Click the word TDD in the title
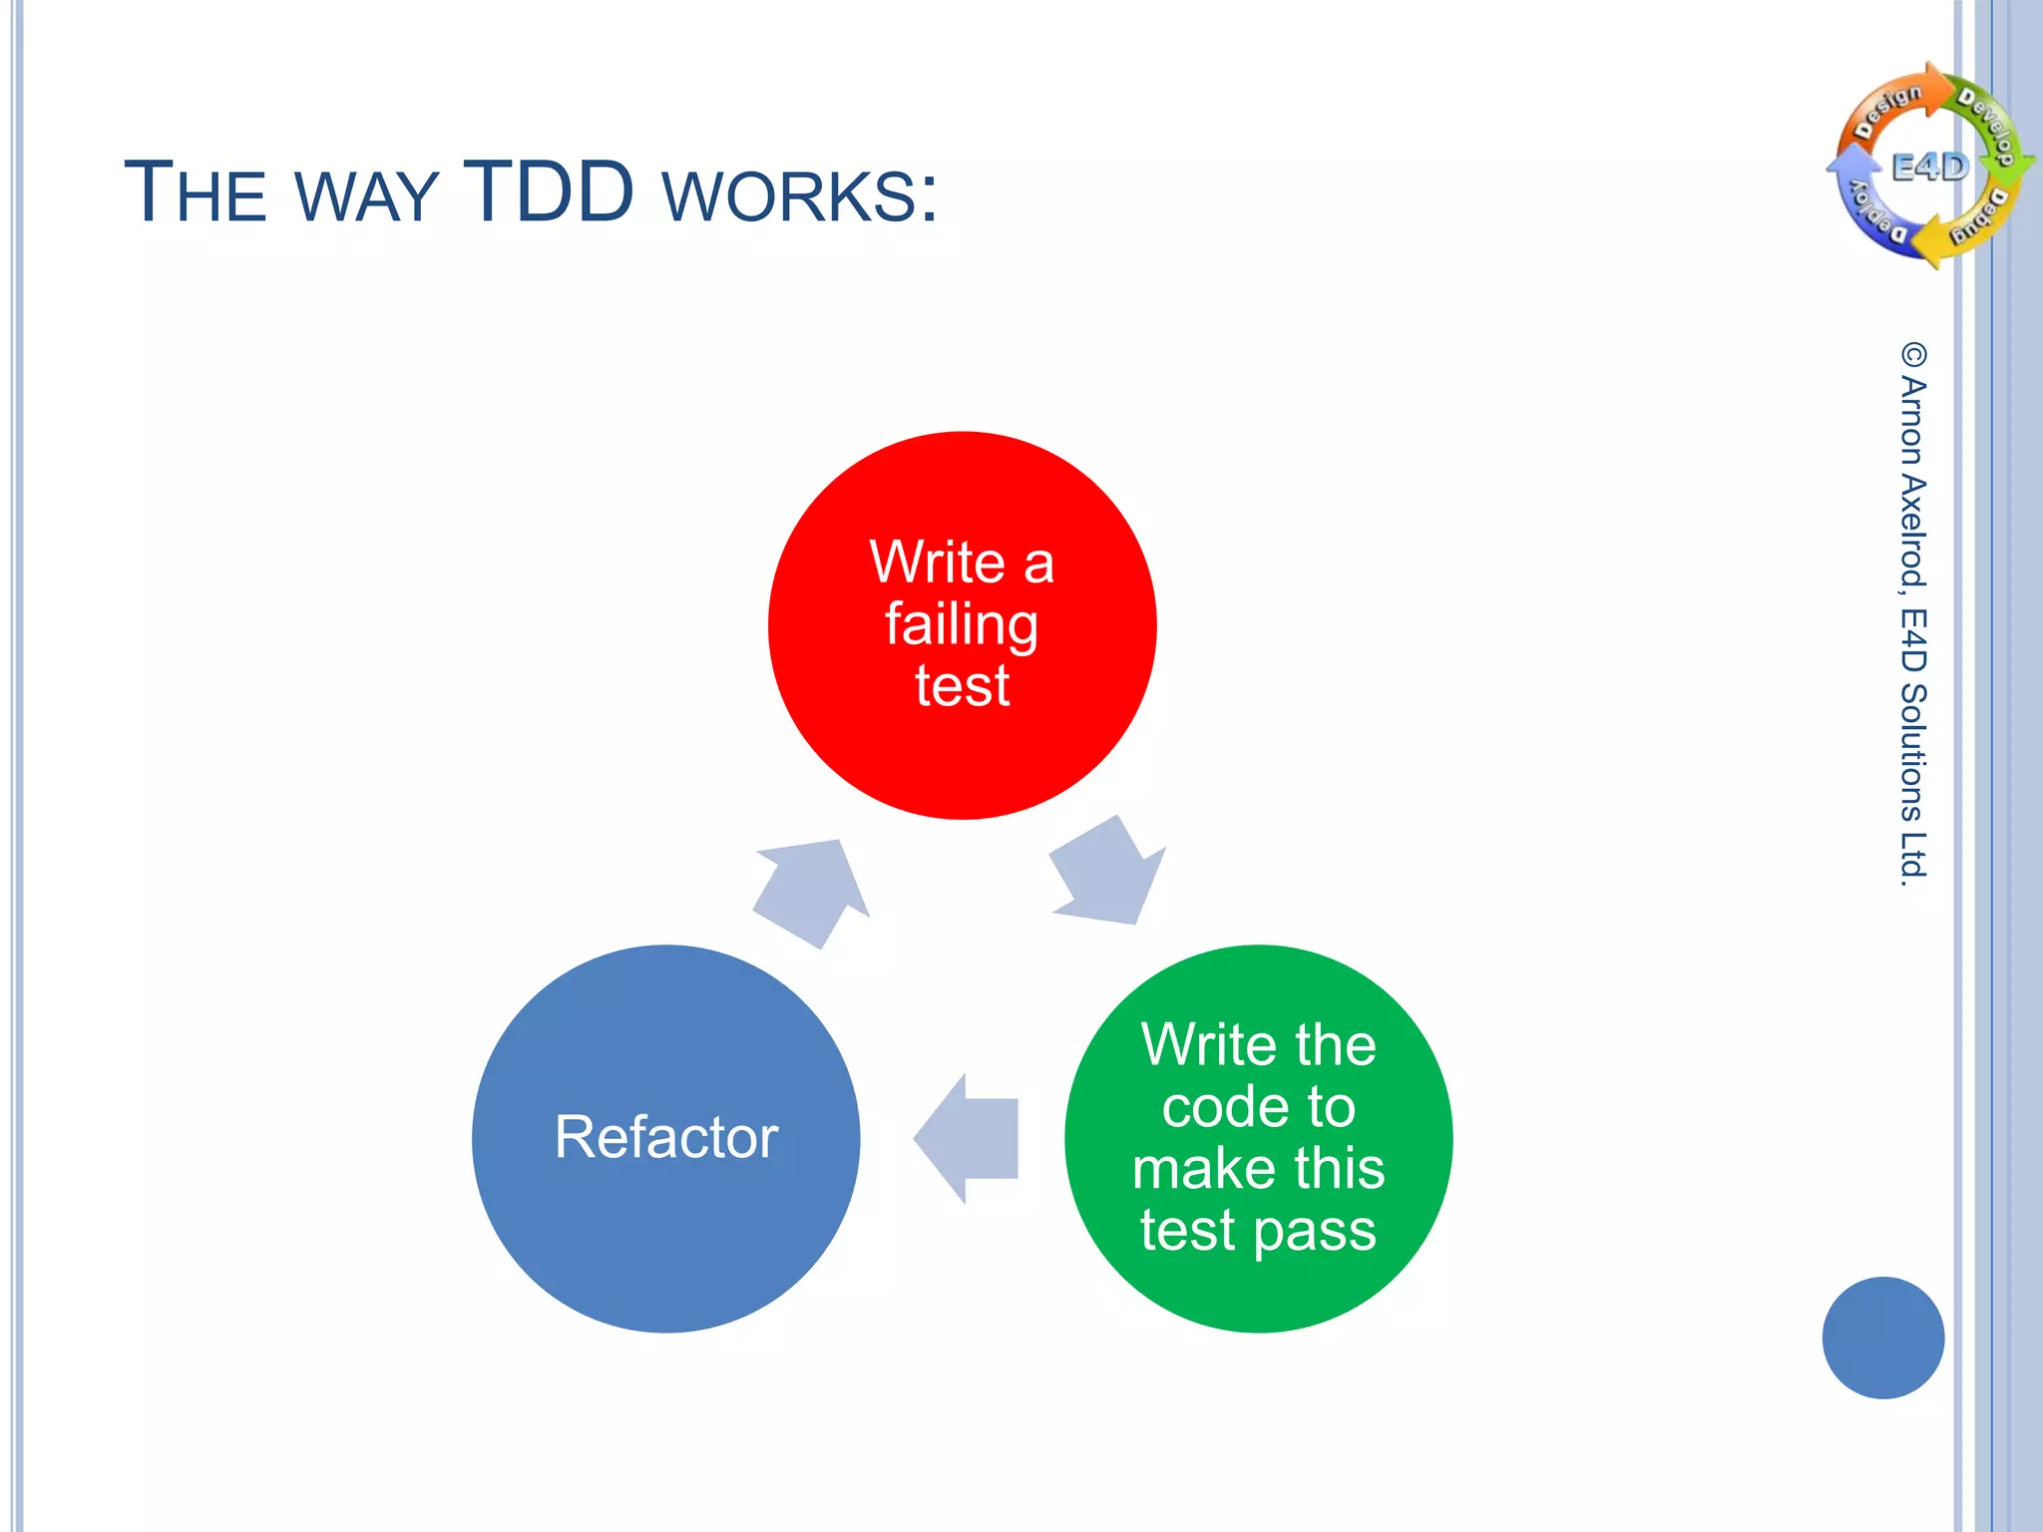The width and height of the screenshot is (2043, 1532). [x=549, y=191]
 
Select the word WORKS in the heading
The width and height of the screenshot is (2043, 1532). [x=798, y=195]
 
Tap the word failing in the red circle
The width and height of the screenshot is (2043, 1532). [x=962, y=626]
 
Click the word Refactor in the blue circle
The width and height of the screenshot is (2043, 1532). [x=665, y=1137]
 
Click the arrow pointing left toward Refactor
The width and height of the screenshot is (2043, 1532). [x=966, y=1138]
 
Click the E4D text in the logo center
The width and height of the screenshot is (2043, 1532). [x=1930, y=167]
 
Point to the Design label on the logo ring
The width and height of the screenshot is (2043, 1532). [x=1887, y=111]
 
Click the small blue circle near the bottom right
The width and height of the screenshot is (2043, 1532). [x=1882, y=1338]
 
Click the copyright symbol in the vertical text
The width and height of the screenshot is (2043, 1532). [x=1913, y=354]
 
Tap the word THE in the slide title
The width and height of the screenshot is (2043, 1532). [x=196, y=191]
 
